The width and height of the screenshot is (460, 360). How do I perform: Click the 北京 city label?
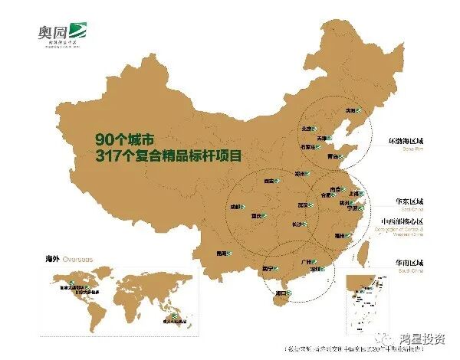pyautogui.click(x=307, y=128)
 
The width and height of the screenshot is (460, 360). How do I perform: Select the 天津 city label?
pyautogui.click(x=325, y=136)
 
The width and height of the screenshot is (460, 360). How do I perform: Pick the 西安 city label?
pyautogui.click(x=268, y=181)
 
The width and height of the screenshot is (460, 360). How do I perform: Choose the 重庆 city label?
pyautogui.click(x=258, y=216)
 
